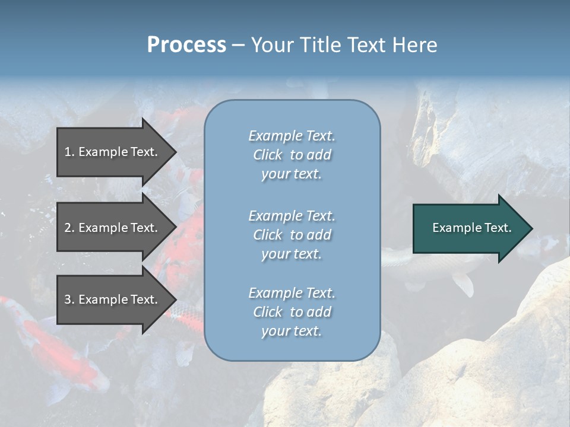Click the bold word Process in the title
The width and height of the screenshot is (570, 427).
point(186,45)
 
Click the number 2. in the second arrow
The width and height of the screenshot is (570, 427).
point(69,228)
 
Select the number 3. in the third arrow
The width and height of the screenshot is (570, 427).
point(69,299)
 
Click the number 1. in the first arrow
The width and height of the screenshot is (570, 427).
point(69,152)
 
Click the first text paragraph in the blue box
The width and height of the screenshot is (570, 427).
point(292,155)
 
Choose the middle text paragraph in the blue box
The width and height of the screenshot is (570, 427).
point(292,235)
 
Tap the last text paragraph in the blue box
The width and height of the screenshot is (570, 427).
point(292,312)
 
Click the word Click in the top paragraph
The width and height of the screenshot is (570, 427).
point(268,155)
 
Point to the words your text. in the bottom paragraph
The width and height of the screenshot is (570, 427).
point(292,331)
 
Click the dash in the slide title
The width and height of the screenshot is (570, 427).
point(238,45)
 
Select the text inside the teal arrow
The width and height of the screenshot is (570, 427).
point(471,228)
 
